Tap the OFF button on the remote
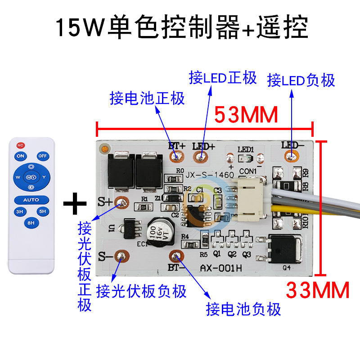(43, 156)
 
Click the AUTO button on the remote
(31, 199)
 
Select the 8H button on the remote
(31, 222)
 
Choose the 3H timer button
(20, 211)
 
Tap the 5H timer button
(42, 211)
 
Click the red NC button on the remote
(20, 145)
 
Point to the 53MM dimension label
(246, 115)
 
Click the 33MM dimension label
(318, 290)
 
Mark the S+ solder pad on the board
(120, 202)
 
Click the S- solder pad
(120, 256)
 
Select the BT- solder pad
(175, 256)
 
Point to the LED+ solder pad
(200, 157)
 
